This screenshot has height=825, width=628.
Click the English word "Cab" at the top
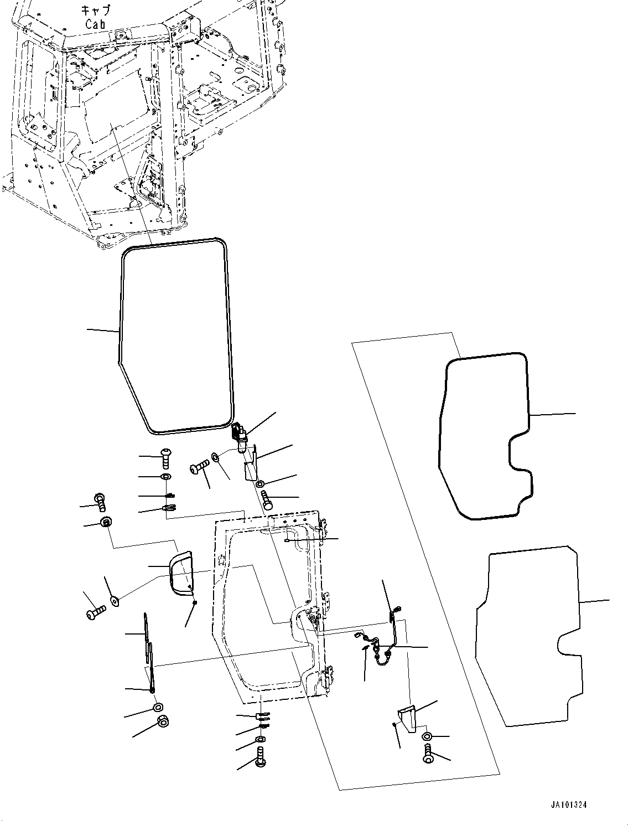click(96, 24)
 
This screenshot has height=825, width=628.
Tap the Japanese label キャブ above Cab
click(96, 11)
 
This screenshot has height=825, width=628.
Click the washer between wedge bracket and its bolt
click(427, 736)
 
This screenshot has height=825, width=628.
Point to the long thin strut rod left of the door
click(148, 651)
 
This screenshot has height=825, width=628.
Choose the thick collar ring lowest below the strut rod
click(163, 721)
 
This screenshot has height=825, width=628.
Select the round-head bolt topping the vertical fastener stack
click(165, 455)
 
